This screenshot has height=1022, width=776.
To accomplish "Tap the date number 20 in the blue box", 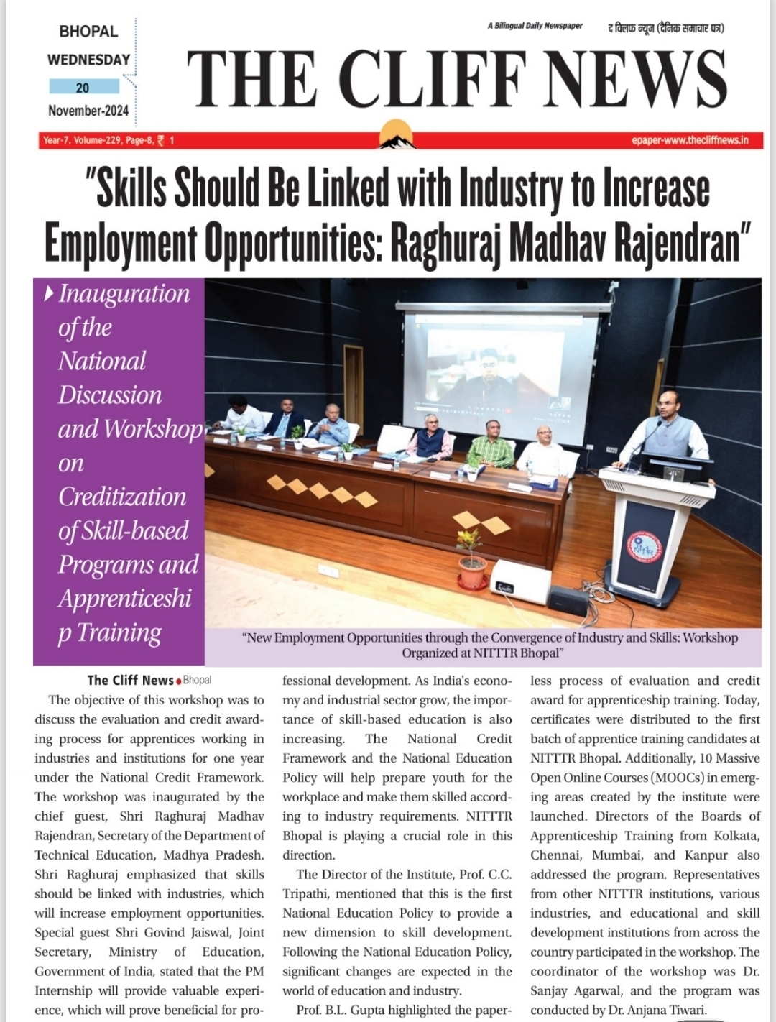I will pyautogui.click(x=83, y=88).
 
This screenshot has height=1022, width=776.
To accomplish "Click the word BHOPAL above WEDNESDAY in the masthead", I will pyautogui.click(x=88, y=32).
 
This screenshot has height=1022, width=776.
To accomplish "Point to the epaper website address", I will pyautogui.click(x=690, y=140).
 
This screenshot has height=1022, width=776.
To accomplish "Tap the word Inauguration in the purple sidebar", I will pyautogui.click(x=124, y=294).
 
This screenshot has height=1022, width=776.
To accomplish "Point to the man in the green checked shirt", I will pyautogui.click(x=491, y=445).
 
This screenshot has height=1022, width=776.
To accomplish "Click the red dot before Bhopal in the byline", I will pyautogui.click(x=178, y=681).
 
